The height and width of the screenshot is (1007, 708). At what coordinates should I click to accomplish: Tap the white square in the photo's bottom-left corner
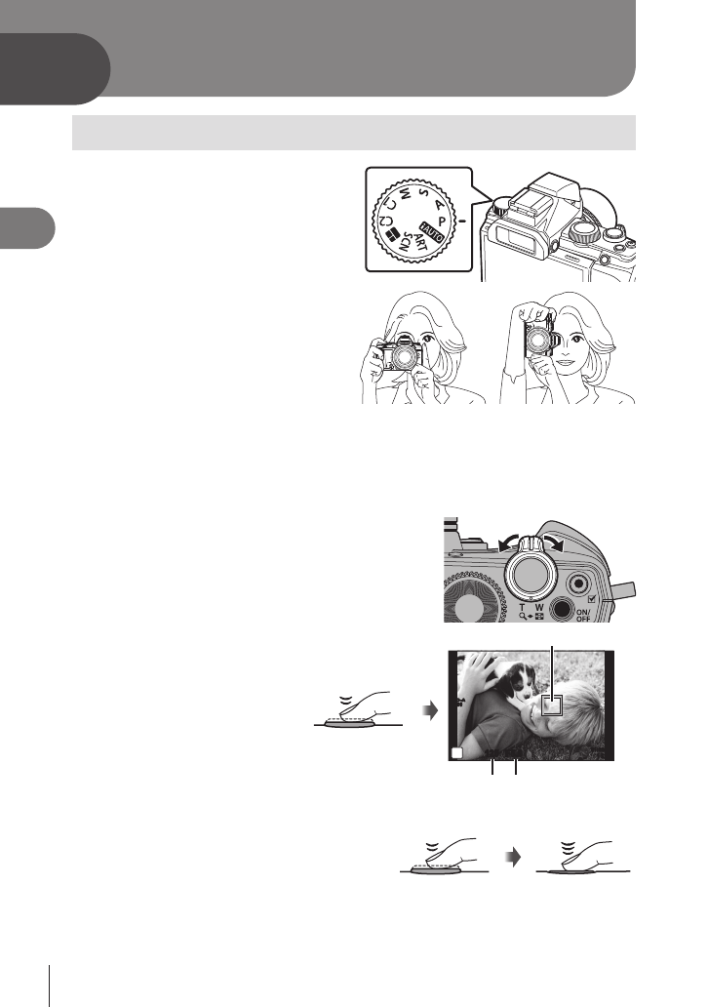[x=456, y=752]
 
